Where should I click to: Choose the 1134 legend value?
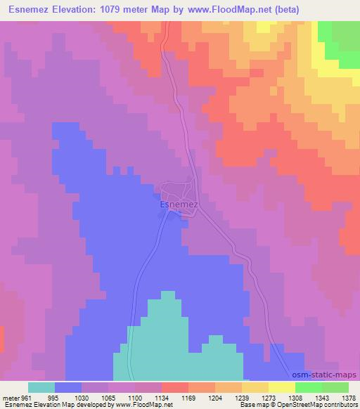point(162,397)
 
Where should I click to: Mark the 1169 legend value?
point(188,397)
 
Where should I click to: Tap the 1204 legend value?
point(215,397)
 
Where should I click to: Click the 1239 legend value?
point(242,397)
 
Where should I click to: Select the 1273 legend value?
point(269,397)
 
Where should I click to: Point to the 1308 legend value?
point(295,397)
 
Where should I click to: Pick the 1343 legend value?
point(322,397)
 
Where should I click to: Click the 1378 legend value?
point(347,397)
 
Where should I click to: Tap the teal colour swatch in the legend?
point(41,387)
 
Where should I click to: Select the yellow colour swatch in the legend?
point(282,387)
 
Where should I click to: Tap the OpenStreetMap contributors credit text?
point(320,405)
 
